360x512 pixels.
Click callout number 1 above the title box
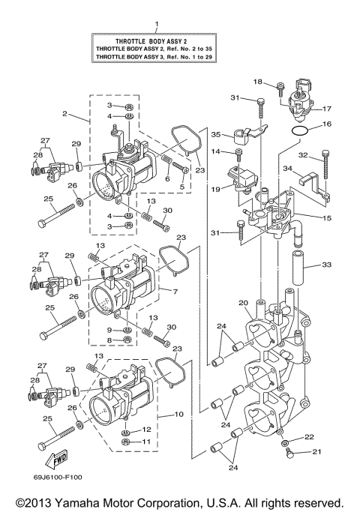pyautogui.click(x=157, y=25)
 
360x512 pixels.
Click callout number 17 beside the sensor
pyautogui.click(x=326, y=108)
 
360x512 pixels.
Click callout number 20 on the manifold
pyautogui.click(x=242, y=303)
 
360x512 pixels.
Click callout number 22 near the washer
pyautogui.click(x=309, y=437)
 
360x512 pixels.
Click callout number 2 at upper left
pyautogui.click(x=65, y=114)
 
